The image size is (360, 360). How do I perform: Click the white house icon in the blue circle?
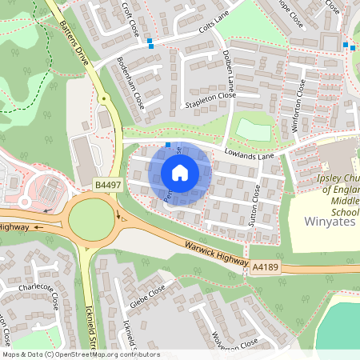point(180,172)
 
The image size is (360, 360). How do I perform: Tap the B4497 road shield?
point(108,186)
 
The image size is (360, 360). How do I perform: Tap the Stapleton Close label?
point(210,103)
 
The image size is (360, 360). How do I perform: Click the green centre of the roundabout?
point(90,219)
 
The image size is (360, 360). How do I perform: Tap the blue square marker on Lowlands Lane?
point(167,145)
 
